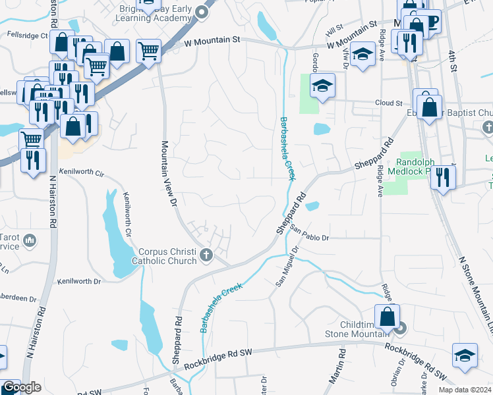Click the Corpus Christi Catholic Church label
click(167, 256)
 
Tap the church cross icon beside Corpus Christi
click(206, 255)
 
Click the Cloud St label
click(389, 103)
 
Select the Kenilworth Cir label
click(82, 172)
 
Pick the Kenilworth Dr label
click(80, 281)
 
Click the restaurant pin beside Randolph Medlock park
click(444, 176)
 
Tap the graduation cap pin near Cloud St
click(323, 86)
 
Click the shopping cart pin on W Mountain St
click(149, 50)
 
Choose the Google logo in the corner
click(22, 388)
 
